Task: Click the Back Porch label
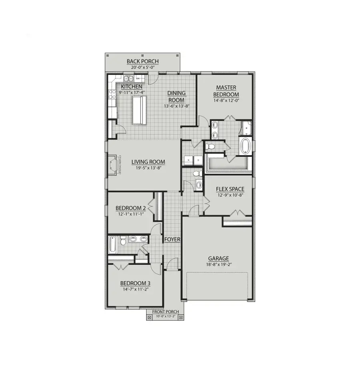pyautogui.click(x=142, y=61)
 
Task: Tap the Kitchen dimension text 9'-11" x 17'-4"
pyautogui.click(x=132, y=92)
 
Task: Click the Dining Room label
pyautogui.click(x=176, y=96)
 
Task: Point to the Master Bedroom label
pyautogui.click(x=226, y=91)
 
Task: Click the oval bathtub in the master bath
pyautogui.click(x=245, y=146)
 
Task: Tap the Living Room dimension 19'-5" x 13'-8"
pyautogui.click(x=148, y=168)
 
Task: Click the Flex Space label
pyautogui.click(x=230, y=189)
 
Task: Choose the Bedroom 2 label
pyautogui.click(x=130, y=208)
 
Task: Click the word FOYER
pyautogui.click(x=172, y=239)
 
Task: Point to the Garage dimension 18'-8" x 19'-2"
pyautogui.click(x=218, y=265)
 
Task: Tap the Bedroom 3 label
pyautogui.click(x=135, y=284)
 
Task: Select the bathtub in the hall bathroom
pyautogui.click(x=113, y=244)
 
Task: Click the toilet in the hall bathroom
pyautogui.click(x=123, y=241)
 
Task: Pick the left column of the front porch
pyautogui.click(x=150, y=317)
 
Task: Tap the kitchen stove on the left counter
pyautogui.click(x=111, y=95)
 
